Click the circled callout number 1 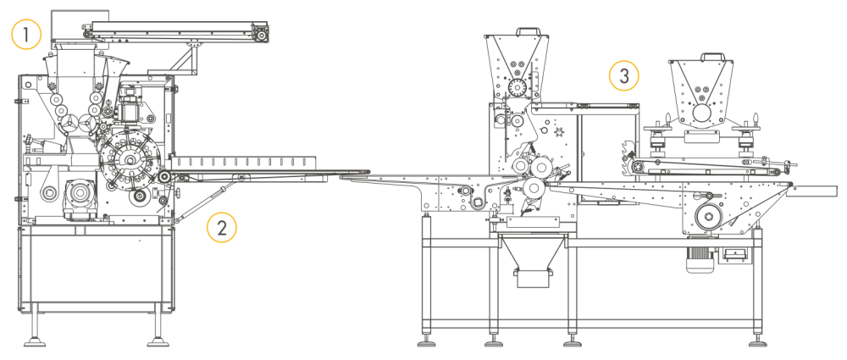26,35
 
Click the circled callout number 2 222,227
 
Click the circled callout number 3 623,76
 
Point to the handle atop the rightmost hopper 701,57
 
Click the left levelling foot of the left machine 35,342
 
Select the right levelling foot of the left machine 158,342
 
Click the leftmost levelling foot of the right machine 425,342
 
